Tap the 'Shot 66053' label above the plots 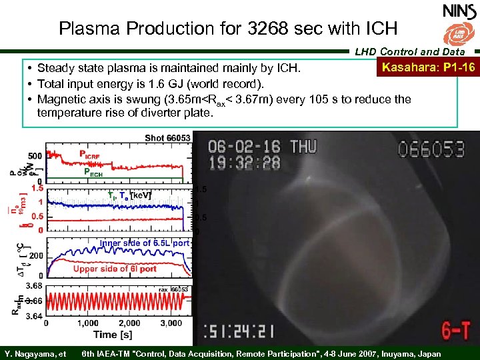[167, 138]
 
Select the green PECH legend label [95, 171]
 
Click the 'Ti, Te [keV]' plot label [129, 195]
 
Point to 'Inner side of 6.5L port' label [144, 243]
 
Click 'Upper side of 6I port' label [115, 269]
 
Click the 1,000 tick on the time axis [87, 323]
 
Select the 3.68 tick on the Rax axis [33, 286]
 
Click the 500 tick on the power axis [35, 155]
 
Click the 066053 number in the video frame [436, 148]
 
